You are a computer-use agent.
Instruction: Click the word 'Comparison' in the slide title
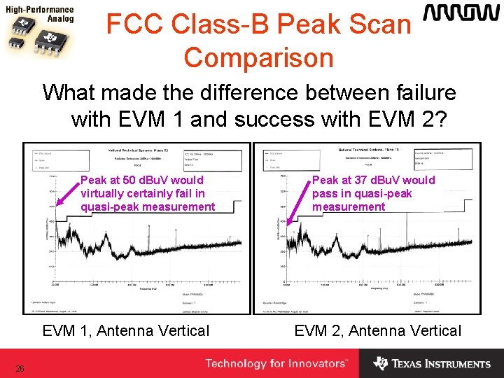tap(258, 57)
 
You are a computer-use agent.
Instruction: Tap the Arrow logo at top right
tap(461, 14)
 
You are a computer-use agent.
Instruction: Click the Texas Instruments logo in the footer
tap(432, 363)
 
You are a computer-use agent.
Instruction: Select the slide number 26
tap(20, 369)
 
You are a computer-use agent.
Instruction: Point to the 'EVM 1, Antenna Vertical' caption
tap(126, 330)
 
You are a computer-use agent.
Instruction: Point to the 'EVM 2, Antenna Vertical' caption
tap(378, 330)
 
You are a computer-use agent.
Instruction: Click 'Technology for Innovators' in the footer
tap(276, 363)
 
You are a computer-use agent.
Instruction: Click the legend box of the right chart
tap(286, 159)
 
